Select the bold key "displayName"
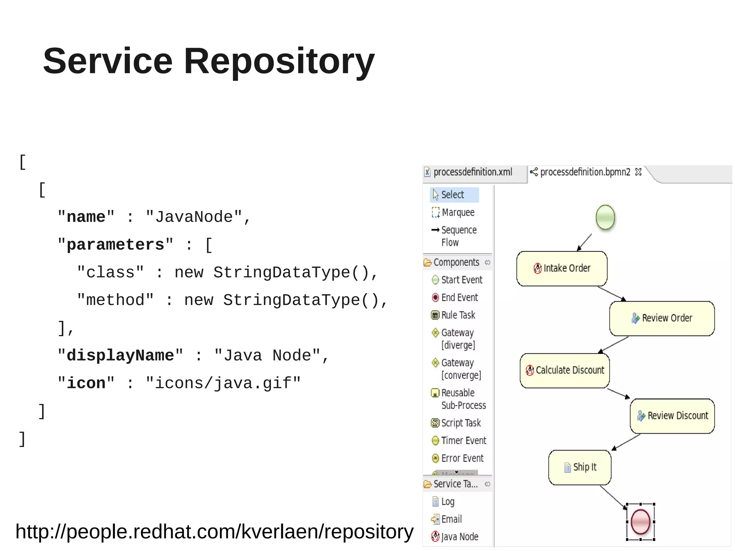point(120,355)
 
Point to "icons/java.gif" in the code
point(223,383)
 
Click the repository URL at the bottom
point(214,532)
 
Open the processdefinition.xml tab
point(472,172)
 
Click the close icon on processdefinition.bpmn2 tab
point(638,172)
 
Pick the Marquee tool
point(458,212)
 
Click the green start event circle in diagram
point(605,217)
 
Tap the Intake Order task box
point(562,268)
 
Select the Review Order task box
point(662,318)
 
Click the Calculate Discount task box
point(565,370)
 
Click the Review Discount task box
point(672,416)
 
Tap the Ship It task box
point(580,467)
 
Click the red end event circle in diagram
point(641,522)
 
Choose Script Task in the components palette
point(460,423)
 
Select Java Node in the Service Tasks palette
point(459,537)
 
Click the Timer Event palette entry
point(463,441)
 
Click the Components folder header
point(456,262)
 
